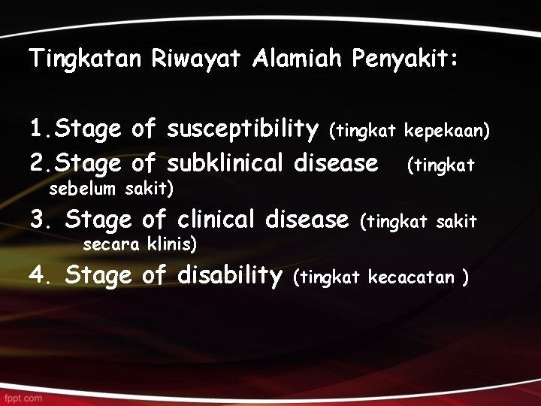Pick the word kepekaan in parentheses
pyautogui.click(x=446, y=132)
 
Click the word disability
pyautogui.click(x=229, y=276)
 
